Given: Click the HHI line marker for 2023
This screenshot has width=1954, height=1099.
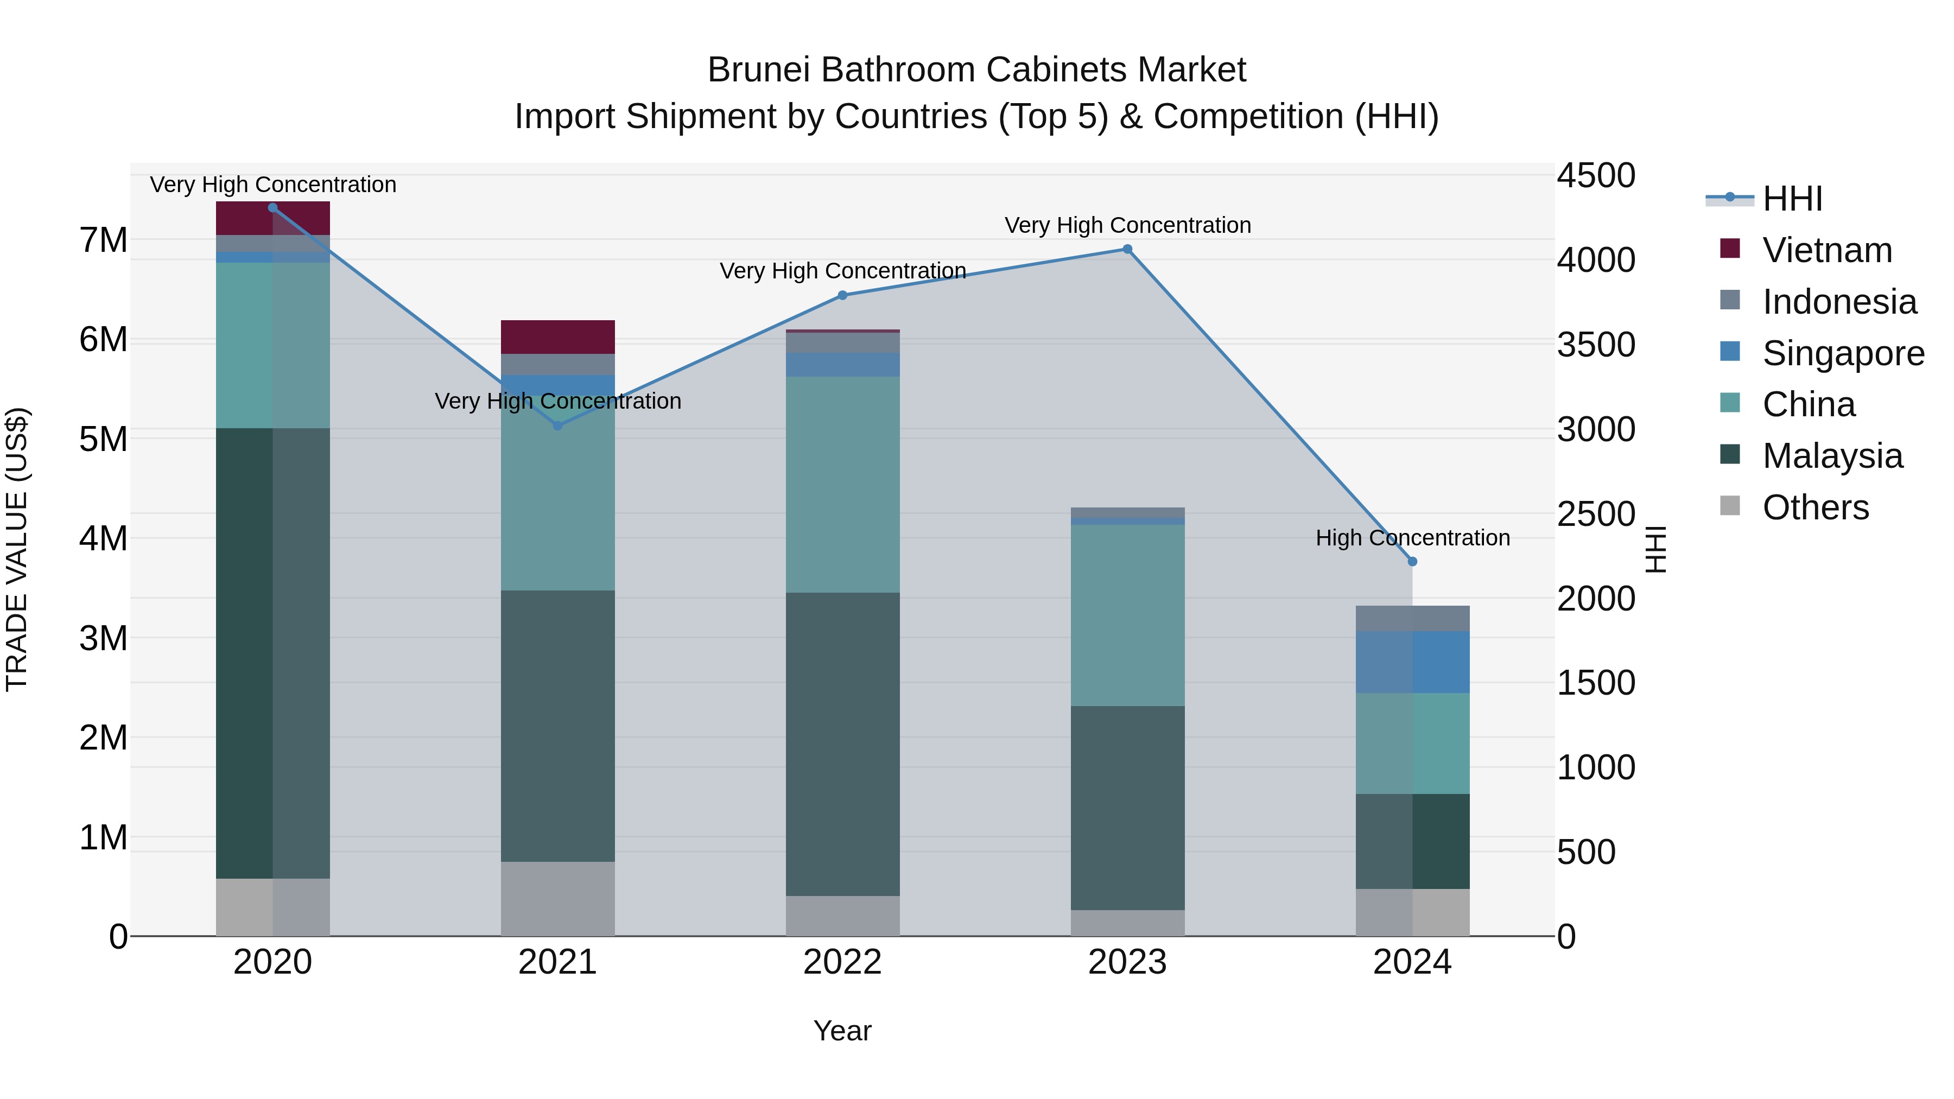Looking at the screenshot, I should (x=1127, y=250).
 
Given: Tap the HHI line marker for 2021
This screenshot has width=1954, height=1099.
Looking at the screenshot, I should (x=557, y=425).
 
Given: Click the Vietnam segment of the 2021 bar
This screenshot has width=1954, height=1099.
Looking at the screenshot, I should (x=557, y=336).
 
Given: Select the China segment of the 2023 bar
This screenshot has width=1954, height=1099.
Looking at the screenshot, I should (x=1127, y=615).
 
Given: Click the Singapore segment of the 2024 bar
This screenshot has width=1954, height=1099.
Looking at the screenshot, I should (x=1412, y=662).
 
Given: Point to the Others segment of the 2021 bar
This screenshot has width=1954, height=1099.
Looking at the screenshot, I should (x=557, y=898).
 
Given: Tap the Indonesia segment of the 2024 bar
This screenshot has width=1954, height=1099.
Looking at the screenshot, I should (x=1412, y=618).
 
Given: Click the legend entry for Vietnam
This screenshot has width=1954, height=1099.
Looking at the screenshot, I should (x=1826, y=250).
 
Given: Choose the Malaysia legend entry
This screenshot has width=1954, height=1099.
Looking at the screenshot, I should (x=1832, y=456).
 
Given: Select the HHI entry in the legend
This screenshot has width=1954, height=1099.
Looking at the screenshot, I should (x=1792, y=199).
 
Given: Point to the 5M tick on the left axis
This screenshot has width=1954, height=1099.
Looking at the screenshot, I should (x=103, y=439).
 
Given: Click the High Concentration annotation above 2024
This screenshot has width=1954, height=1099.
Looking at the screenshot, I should (x=1412, y=538).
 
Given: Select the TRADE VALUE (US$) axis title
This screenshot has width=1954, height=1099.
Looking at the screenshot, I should (x=17, y=549).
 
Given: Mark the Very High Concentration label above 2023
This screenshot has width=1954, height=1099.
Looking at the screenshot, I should (x=1127, y=225).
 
